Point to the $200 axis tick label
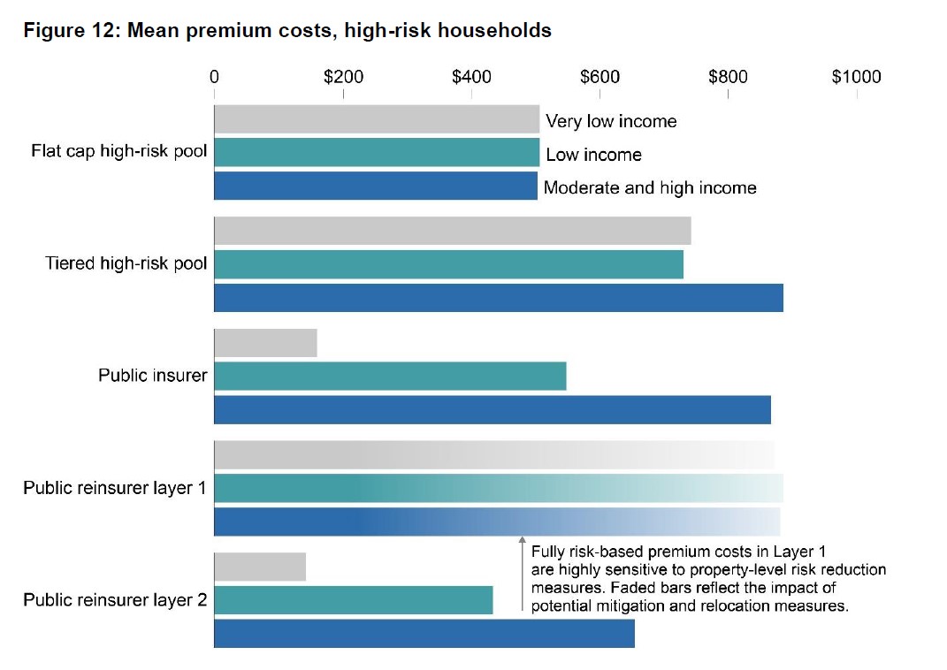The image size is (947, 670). (343, 77)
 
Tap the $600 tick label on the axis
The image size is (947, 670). (600, 77)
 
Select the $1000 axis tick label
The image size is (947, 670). (856, 77)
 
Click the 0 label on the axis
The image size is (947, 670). (214, 77)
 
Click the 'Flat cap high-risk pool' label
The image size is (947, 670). (119, 151)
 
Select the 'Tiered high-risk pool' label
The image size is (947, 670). (126, 263)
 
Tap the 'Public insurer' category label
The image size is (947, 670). (153, 376)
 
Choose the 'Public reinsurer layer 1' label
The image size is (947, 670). (115, 488)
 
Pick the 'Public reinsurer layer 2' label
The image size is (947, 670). (115, 600)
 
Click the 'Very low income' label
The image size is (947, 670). (611, 121)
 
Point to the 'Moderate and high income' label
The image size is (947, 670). (650, 187)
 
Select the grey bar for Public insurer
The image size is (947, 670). (265, 343)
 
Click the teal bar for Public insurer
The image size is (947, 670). (390, 377)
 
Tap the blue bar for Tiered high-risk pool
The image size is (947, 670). (499, 298)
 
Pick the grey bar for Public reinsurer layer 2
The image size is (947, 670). (260, 567)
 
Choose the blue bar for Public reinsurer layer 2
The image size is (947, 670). (424, 634)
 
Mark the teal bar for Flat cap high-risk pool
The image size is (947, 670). (377, 152)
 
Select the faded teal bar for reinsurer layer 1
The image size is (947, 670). (499, 488)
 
